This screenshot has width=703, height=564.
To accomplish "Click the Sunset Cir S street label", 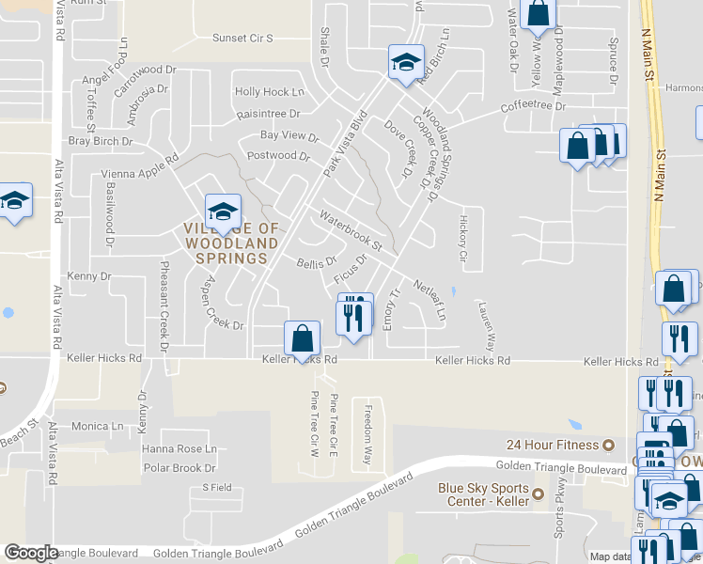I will pyautogui.click(x=242, y=39).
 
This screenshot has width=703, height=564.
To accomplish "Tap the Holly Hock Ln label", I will pyautogui.click(x=270, y=92).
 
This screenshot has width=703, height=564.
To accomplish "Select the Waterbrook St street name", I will pyautogui.click(x=350, y=231).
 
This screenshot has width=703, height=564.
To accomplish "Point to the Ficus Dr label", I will pyautogui.click(x=351, y=272).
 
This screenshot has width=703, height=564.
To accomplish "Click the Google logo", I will pyautogui.click(x=31, y=553).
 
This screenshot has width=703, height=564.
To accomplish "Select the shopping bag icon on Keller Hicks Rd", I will pyautogui.click(x=302, y=337).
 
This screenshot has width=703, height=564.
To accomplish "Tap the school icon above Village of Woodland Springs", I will pyautogui.click(x=224, y=210).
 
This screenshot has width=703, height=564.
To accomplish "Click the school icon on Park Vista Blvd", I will pyautogui.click(x=406, y=63).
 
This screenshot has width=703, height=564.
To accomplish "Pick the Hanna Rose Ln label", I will pyautogui.click(x=179, y=449).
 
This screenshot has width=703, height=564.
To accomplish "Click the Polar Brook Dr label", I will pyautogui.click(x=180, y=468).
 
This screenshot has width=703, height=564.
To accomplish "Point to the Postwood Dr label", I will pyautogui.click(x=277, y=156).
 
